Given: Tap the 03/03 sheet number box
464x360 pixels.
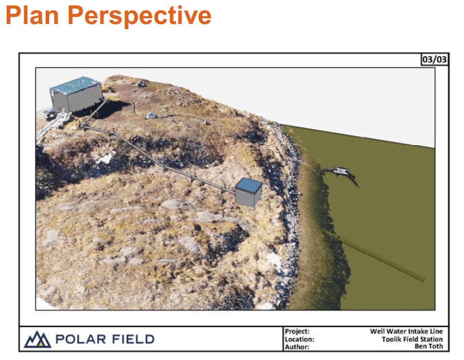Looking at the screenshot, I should point(434,59).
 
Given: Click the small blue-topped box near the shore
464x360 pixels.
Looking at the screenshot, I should point(249,193).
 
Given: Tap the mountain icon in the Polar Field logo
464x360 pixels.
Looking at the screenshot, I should point(38,339).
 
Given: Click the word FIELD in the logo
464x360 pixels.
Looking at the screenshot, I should point(131,339).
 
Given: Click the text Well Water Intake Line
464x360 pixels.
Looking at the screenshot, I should point(406,331).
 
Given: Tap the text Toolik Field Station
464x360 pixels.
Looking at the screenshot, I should point(411,339).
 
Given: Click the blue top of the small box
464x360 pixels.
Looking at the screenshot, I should point(249,185).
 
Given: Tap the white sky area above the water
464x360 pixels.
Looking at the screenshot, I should point(343,97).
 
